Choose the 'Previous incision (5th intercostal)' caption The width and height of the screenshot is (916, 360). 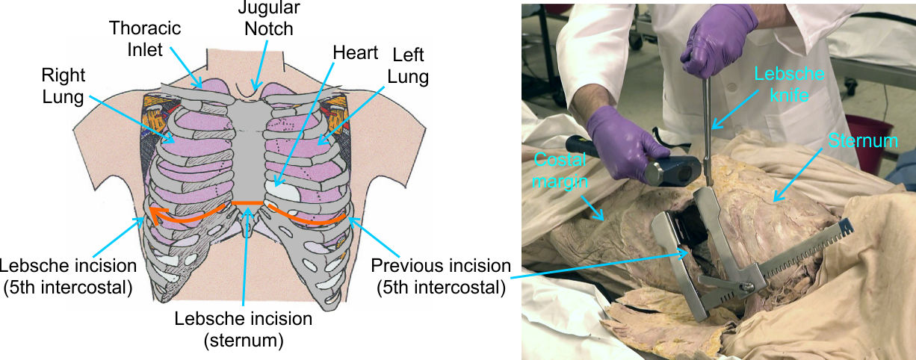(440, 276)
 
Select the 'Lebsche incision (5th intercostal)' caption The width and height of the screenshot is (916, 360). (68, 276)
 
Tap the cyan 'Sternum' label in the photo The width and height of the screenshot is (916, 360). (852, 141)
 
